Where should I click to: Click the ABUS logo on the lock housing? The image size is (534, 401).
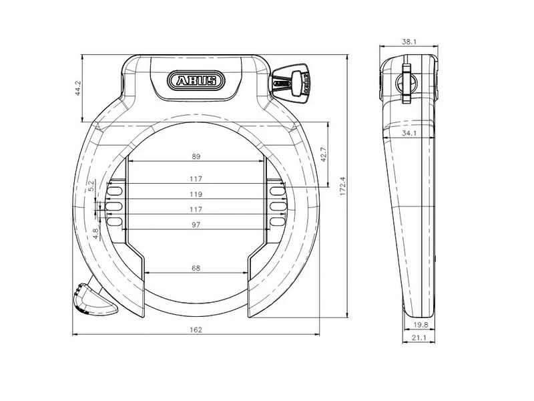pos(196,82)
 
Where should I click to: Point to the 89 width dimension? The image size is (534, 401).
pos(196,156)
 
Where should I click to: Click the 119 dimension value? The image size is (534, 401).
pos(196,194)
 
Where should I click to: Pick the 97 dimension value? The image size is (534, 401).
pos(196,224)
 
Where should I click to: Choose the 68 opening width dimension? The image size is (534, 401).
pos(196,268)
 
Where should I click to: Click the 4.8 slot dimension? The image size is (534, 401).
pos(95,233)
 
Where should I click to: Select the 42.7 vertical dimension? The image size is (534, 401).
pos(324,155)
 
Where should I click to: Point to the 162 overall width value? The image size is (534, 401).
pos(196,329)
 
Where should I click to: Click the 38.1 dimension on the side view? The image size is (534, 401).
pos(409,41)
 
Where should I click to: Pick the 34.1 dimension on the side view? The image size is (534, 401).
pos(409,133)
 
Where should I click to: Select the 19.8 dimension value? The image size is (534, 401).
pos(421,325)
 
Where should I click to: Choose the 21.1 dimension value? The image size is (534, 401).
pos(421,339)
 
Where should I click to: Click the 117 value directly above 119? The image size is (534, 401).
pos(196,179)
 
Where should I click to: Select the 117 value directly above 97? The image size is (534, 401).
pos(196,209)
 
